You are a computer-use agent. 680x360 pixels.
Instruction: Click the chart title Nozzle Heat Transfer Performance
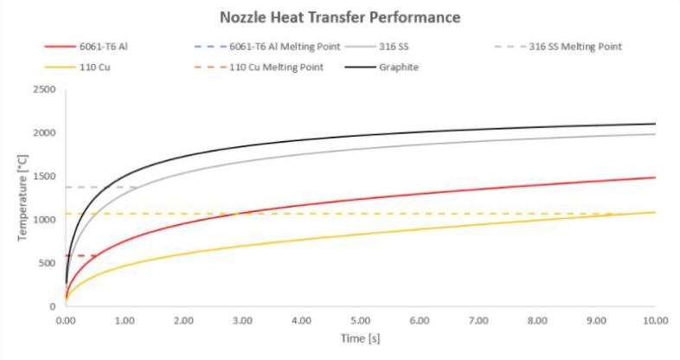coord(340,16)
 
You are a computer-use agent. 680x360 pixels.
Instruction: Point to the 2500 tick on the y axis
coord(43,90)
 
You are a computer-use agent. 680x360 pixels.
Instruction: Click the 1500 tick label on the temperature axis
coord(43,177)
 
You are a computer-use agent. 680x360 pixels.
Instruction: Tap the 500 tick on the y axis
coord(47,263)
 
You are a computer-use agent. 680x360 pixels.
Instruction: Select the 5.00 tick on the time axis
coord(360,320)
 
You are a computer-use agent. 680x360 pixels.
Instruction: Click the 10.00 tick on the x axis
coord(653,320)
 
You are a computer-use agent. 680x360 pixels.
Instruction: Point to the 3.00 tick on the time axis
coord(242,320)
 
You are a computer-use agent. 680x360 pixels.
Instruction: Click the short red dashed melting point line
coord(80,256)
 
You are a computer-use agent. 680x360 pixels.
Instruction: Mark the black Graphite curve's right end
coord(654,124)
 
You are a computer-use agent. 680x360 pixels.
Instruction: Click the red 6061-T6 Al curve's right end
coord(654,177)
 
